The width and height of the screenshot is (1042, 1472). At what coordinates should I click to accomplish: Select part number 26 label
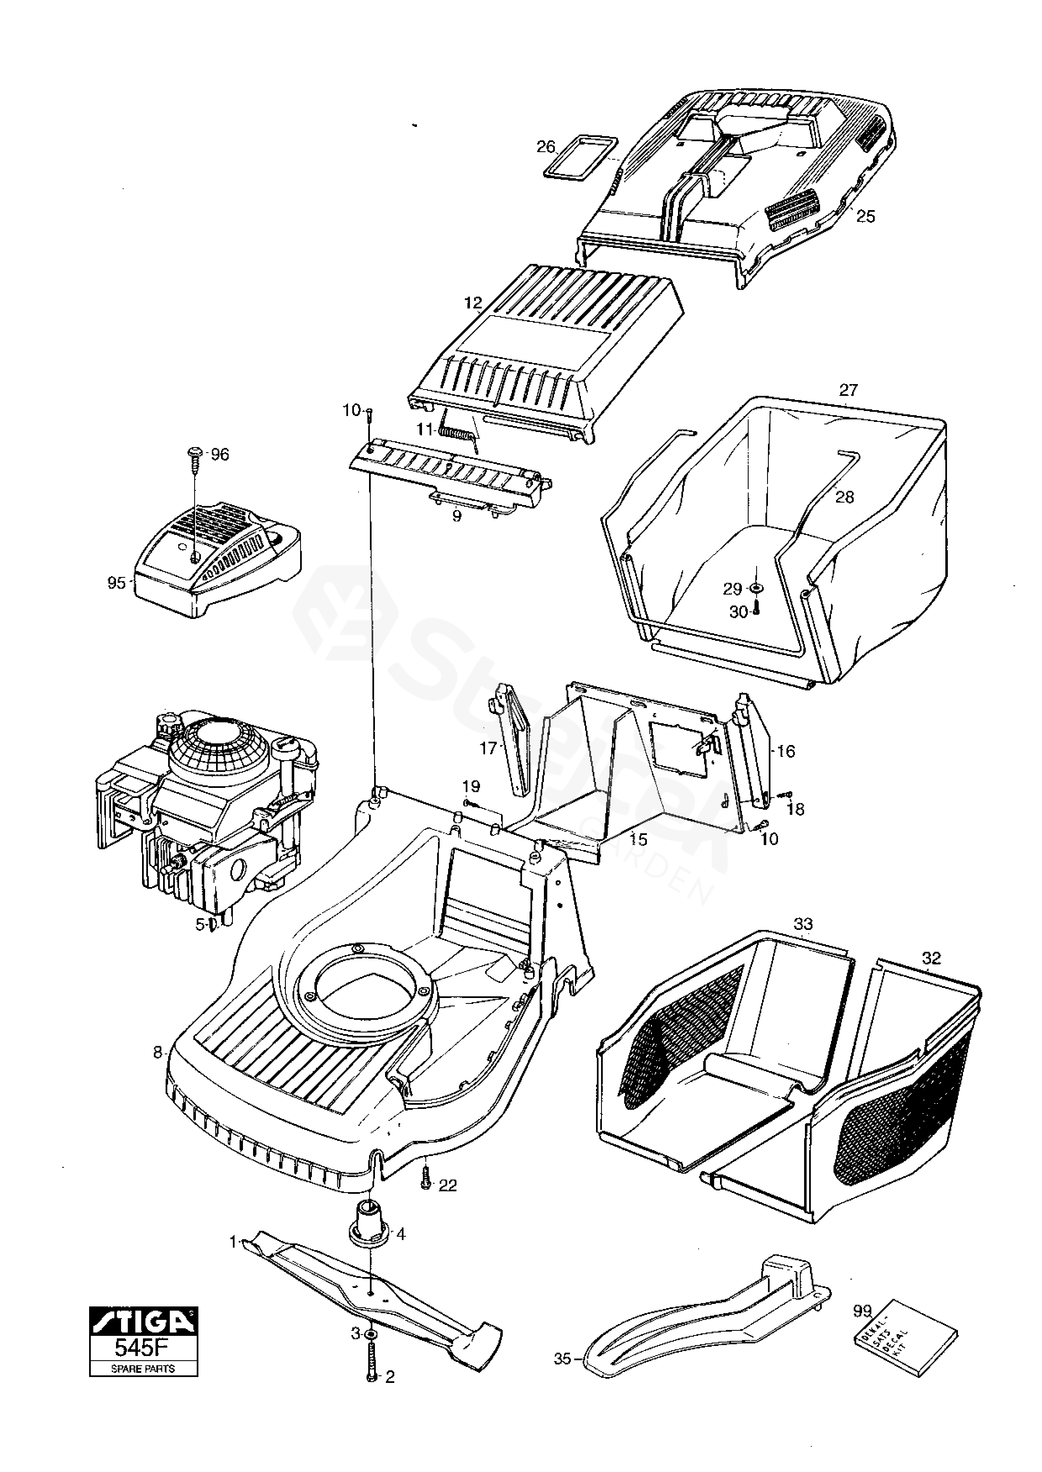coord(546,147)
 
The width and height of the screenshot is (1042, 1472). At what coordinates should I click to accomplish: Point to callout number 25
coord(865,216)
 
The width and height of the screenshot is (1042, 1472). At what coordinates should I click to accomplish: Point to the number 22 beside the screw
coord(447,1186)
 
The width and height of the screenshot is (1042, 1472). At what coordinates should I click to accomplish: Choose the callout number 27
coord(848,390)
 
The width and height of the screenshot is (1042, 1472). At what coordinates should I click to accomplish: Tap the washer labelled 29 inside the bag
coord(757,588)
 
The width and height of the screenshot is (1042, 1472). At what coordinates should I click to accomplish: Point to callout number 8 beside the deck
coord(157,1053)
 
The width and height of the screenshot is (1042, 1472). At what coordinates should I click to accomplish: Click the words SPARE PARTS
coord(144,1369)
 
